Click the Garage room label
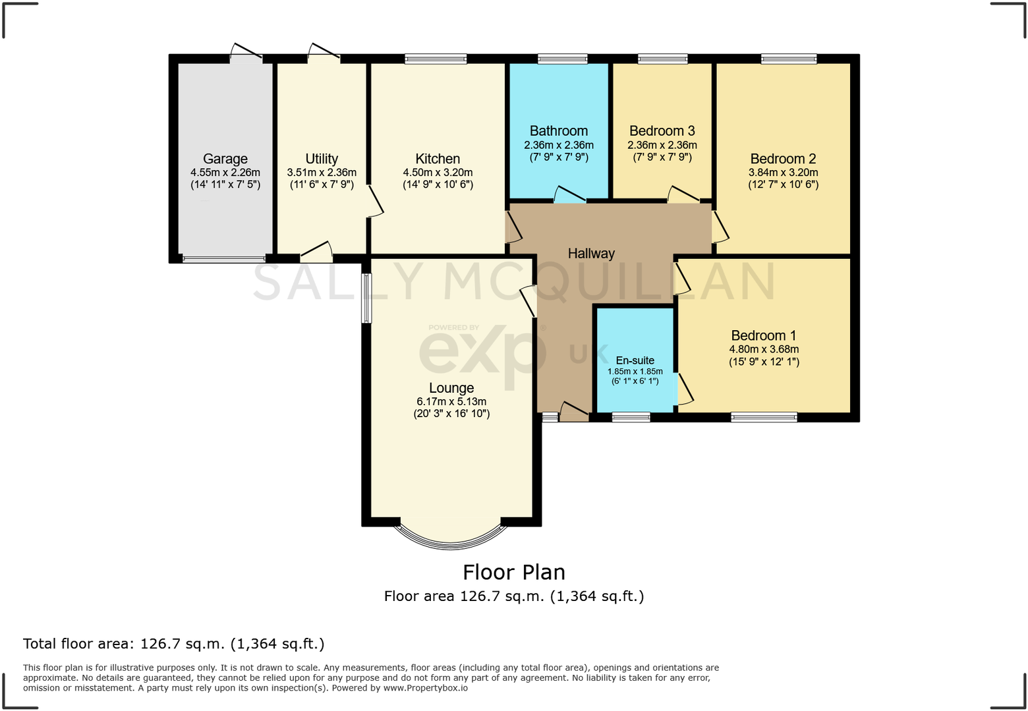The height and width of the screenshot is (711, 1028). point(225,159)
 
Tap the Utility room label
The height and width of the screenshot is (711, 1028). point(322,159)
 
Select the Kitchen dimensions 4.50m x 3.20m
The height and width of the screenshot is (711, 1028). point(438,173)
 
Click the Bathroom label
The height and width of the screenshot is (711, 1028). point(559,131)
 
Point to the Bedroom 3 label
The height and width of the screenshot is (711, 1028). point(662,131)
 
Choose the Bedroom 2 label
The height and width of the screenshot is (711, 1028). point(783,159)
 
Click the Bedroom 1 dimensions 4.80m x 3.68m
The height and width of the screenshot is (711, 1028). point(764,349)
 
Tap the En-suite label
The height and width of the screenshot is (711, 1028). point(635,360)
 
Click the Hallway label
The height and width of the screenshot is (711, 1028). point(591,254)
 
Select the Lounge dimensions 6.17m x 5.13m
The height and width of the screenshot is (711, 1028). point(451,401)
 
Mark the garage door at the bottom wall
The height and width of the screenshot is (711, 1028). point(224,259)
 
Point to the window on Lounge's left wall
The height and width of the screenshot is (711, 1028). point(366,299)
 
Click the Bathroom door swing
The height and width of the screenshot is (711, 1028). point(569,195)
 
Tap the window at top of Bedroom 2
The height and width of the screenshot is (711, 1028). point(789,59)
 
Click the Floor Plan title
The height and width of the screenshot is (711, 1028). point(514,572)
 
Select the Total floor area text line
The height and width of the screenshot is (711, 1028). point(174,644)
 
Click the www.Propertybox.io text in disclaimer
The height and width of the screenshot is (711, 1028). point(425,688)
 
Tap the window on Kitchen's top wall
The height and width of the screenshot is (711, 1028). point(436,59)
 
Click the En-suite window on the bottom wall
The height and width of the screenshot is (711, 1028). point(631,417)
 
